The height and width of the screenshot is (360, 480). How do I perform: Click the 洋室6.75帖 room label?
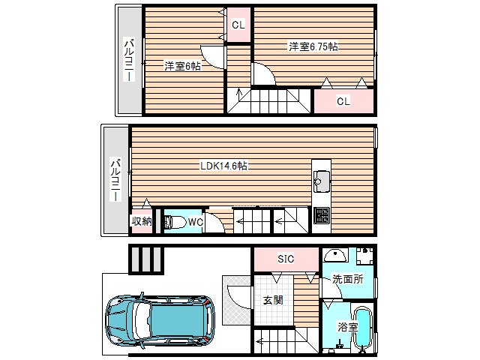[x=313, y=46]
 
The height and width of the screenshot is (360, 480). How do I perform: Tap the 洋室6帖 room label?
[x=182, y=66]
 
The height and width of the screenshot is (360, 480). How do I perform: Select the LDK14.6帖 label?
[x=223, y=166]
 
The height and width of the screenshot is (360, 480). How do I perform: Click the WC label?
[x=195, y=222]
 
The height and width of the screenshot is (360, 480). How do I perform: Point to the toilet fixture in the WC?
[x=175, y=222]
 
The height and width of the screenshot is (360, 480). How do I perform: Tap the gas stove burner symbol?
[x=322, y=215]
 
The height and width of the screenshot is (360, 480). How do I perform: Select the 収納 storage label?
[x=142, y=221]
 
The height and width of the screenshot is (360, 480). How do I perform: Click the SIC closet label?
[x=286, y=259]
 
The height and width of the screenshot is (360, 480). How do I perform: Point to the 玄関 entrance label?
[x=273, y=300]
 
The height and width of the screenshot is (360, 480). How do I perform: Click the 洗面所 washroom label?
[x=348, y=279]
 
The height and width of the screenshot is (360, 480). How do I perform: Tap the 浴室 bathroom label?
[x=347, y=327]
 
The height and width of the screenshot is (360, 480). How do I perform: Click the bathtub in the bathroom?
[x=363, y=328]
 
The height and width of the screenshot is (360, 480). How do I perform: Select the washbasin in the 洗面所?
[x=336, y=255]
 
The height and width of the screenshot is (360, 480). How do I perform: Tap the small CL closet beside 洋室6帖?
[x=238, y=25]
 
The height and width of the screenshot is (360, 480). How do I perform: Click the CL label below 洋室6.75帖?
[x=343, y=101]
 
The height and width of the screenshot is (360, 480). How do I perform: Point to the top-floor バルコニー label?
[x=129, y=60]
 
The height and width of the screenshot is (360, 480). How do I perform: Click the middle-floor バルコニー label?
[x=115, y=180]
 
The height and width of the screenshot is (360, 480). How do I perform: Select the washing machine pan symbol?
[x=364, y=256]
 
